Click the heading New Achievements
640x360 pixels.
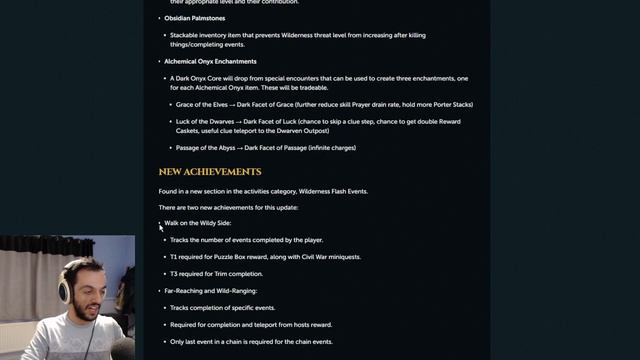210,172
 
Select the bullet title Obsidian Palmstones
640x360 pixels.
198,17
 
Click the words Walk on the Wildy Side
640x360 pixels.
199,223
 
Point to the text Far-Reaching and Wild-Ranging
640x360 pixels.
211,290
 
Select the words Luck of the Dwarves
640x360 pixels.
205,121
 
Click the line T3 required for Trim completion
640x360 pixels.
217,273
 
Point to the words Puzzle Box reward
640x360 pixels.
244,257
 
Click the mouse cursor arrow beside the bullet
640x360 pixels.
160,227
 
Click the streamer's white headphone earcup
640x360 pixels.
64,291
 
